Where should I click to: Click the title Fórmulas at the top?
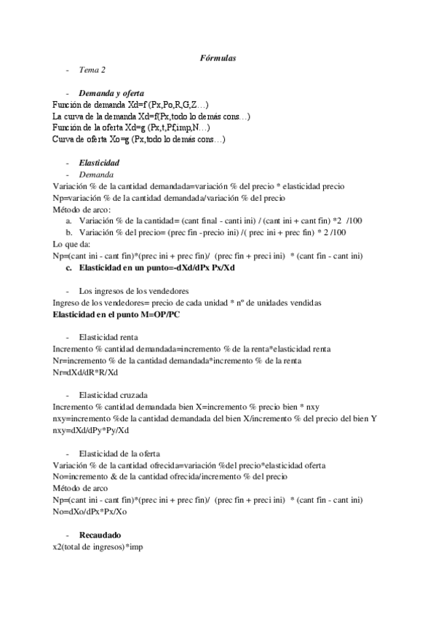[218, 57]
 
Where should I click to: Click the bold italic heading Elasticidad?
[99, 163]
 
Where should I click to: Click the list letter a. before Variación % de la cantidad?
[68, 220]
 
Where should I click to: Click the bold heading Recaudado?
[100, 535]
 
